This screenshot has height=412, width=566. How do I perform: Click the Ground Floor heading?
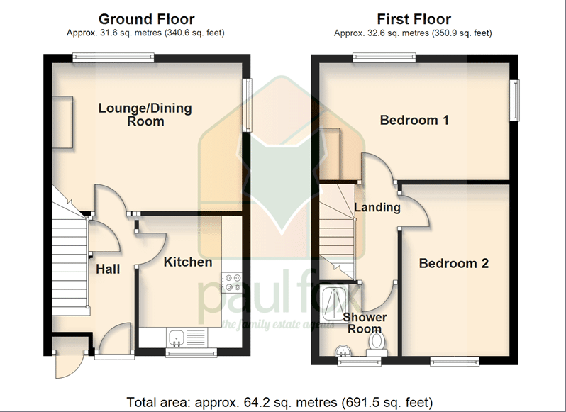[x=146, y=19]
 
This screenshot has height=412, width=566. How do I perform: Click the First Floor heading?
[x=414, y=19]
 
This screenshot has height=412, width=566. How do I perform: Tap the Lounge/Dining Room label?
[x=145, y=114]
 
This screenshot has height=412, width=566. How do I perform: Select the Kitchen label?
[x=188, y=262]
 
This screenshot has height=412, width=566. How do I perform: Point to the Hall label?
[x=108, y=269]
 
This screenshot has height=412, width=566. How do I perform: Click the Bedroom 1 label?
[x=414, y=120]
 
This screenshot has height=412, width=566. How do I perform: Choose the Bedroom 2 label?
[x=454, y=263]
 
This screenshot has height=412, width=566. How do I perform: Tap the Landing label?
[x=377, y=208]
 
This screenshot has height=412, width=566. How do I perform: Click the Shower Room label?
[x=365, y=323]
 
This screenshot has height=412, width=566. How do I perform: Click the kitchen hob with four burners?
[x=232, y=282]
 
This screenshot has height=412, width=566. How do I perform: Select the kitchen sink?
[x=177, y=338]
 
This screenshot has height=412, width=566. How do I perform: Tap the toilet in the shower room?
[x=377, y=344]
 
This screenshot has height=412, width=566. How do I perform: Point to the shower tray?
[x=334, y=303]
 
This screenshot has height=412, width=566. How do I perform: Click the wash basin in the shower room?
[x=343, y=350]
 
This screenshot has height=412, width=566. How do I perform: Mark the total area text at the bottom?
[x=279, y=402]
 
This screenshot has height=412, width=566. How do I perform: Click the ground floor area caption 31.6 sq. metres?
[x=145, y=33]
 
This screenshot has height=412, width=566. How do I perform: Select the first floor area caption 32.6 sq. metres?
[x=413, y=33]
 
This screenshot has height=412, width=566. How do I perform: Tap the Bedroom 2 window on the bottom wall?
[x=455, y=361]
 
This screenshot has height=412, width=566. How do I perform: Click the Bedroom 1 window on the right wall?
[x=515, y=100]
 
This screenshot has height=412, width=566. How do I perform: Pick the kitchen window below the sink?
[x=192, y=352]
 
